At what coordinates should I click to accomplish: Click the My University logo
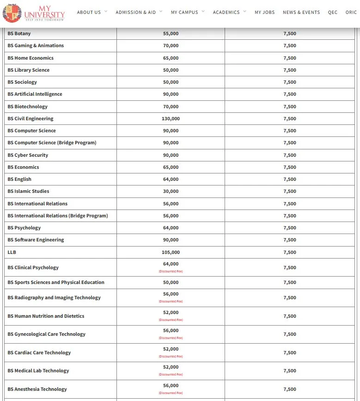pos(34,12)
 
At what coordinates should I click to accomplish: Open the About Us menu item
pos(89,12)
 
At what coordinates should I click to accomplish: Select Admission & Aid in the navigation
pos(136,12)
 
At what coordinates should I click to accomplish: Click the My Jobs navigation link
pos(264,12)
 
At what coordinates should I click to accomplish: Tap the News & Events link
pos(301,12)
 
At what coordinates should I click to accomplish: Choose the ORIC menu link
pos(351,12)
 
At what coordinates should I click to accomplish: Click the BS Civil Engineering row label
pos(31,119)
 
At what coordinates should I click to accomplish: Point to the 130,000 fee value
pos(171,119)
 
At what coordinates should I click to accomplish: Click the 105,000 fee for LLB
pos(171,253)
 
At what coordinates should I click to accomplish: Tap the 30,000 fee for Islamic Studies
pos(171,191)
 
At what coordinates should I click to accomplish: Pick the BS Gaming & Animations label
pos(36,46)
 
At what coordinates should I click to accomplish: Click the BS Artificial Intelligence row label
pos(35,94)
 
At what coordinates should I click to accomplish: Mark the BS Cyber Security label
pos(28,155)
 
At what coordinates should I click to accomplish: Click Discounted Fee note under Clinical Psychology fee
pos(171,271)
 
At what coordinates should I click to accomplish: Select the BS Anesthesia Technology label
pos(37,389)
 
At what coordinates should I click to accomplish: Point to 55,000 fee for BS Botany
pos(171,34)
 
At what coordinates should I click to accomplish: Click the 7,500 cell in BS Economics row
pos(290,167)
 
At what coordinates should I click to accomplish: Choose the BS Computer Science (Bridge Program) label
pos(52,143)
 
